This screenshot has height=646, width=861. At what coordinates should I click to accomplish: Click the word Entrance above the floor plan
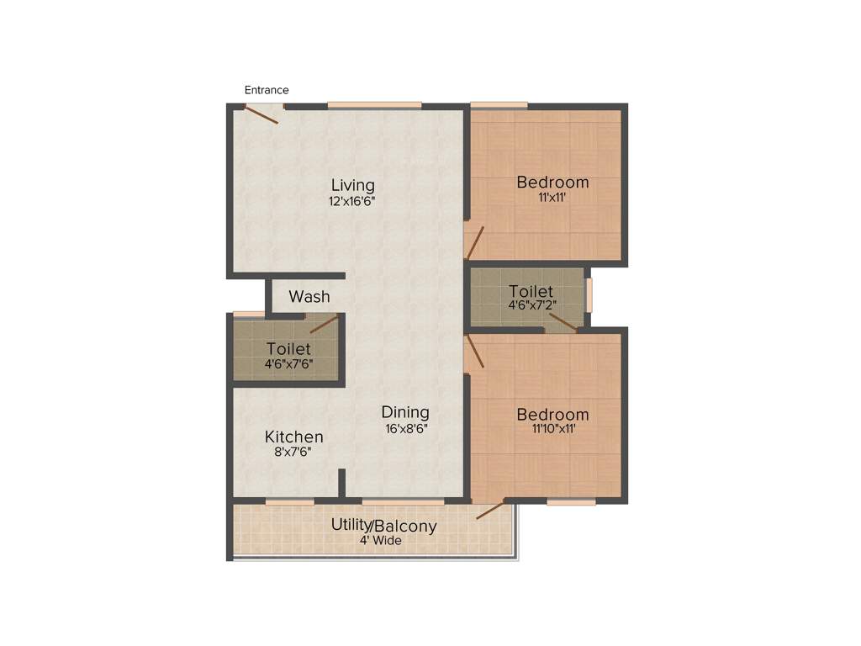267,90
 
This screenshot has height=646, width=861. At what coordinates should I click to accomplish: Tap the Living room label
352,185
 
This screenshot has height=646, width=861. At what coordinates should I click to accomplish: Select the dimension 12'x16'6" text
352,202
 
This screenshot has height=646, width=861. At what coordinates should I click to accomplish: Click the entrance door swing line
261,114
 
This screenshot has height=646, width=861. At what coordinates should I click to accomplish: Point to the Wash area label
309,297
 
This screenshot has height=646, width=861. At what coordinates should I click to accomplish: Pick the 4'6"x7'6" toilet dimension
288,364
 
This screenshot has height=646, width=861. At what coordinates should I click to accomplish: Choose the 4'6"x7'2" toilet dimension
531,307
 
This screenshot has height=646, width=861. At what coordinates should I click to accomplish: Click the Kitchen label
294,437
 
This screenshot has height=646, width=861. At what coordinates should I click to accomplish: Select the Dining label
405,412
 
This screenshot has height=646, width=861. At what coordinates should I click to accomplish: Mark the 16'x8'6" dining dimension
405,428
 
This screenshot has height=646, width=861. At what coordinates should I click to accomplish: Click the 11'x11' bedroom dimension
552,199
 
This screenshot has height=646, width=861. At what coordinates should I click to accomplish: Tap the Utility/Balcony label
383,526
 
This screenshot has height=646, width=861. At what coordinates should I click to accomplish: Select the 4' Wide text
381,541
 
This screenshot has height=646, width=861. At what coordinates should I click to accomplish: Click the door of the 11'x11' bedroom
475,242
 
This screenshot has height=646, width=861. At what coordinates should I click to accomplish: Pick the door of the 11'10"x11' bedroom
475,352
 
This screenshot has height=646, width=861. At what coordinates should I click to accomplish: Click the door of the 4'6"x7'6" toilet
324,324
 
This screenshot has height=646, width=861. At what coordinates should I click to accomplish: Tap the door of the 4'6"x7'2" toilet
563,321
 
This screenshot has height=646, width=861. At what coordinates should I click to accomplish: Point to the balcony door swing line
490,510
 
